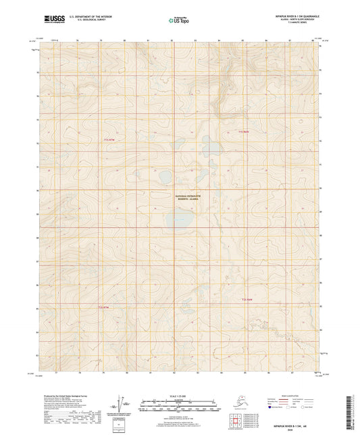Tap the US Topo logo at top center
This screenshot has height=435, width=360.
(x=179, y=21)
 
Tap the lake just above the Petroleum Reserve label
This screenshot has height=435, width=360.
(x=164, y=178)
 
